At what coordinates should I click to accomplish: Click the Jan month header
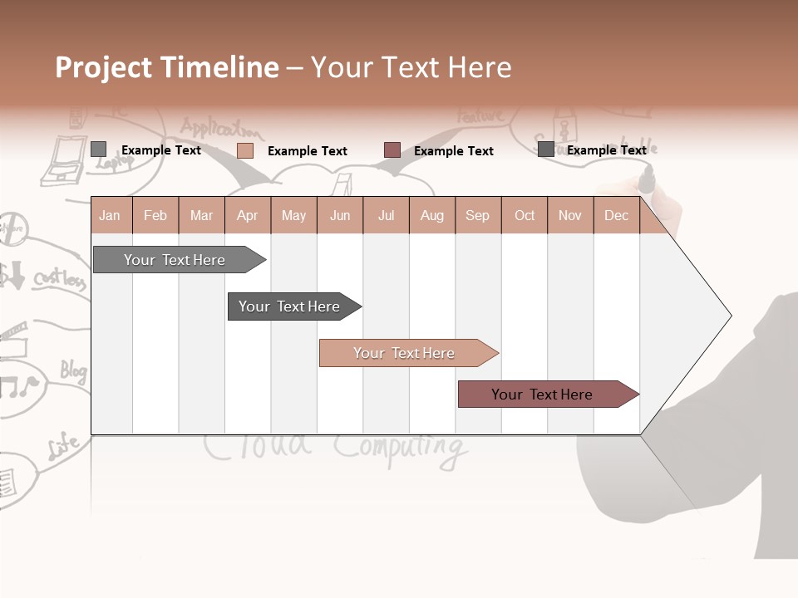(x=110, y=215)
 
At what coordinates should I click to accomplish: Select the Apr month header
(x=247, y=215)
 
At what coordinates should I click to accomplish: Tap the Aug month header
(x=431, y=215)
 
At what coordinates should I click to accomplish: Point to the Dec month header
(x=616, y=215)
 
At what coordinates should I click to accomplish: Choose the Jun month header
(x=339, y=215)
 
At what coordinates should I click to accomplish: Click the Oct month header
(x=524, y=215)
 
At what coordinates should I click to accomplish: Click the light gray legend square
(x=98, y=149)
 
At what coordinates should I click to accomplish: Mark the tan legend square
(x=244, y=150)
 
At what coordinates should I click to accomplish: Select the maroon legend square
(x=392, y=150)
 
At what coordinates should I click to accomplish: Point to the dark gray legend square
(x=545, y=149)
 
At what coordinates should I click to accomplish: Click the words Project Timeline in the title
(x=166, y=67)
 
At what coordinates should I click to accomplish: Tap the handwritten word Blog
(x=73, y=370)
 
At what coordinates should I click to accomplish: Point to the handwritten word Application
(x=220, y=129)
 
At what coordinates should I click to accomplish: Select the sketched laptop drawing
(x=62, y=158)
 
